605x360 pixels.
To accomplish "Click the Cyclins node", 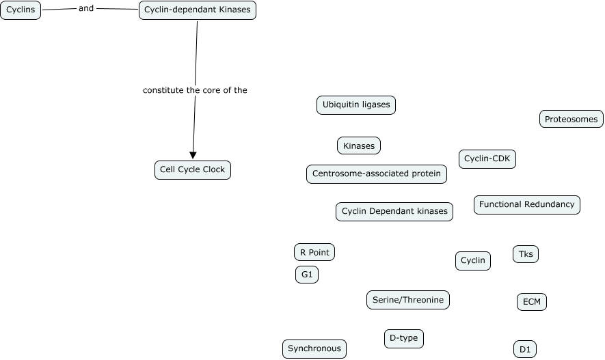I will point(21,10).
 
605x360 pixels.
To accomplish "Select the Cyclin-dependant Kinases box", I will point(197,10).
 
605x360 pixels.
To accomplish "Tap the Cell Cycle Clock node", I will point(192,170).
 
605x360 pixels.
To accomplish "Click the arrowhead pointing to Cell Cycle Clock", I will point(193,154).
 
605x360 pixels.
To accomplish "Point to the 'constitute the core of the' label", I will point(195,90).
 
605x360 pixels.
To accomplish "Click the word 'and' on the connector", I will point(86,9).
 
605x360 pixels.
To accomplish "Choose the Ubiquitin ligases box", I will point(356,105).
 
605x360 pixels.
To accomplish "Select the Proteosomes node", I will point(572,120).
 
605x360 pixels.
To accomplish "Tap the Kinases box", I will point(359,146).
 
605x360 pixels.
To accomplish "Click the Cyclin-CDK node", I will point(487,159).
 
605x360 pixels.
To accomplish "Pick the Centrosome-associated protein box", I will point(377,174).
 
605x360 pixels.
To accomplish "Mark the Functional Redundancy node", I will point(526,205).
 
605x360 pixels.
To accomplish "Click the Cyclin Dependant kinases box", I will point(394,212).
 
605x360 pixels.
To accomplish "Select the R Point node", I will point(314,253).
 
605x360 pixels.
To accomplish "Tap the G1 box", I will point(307,275).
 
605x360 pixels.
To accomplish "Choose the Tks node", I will point(526,255).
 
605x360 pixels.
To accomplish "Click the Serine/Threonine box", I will point(408,300).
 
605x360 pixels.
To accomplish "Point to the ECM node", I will point(531,302).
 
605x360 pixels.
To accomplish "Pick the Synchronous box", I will point(314,349).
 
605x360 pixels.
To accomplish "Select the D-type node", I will point(403,339).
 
